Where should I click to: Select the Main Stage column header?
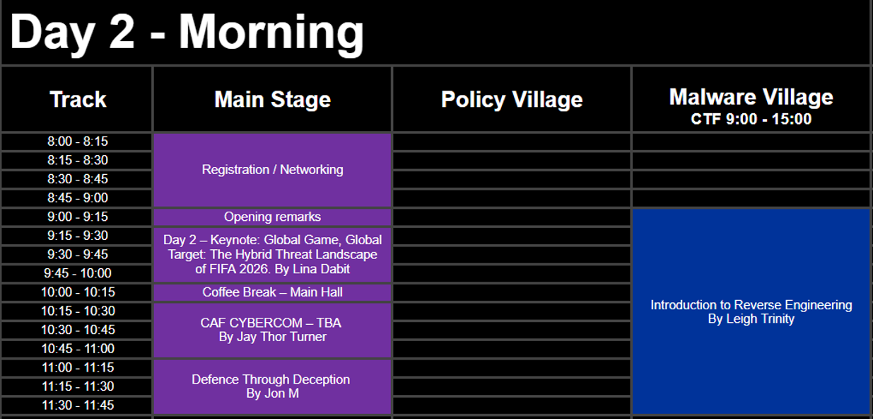pos(272,99)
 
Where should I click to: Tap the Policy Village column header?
pos(512,100)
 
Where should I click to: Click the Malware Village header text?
pos(751,97)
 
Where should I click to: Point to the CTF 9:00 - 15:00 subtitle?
pos(751,119)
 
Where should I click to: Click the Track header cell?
pos(78,99)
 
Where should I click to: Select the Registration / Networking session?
pos(272,170)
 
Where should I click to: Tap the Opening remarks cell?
pos(272,217)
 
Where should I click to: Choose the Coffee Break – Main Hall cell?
pos(272,292)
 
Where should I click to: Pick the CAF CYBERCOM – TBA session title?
pos(271,323)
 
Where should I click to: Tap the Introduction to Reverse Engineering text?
pos(751,304)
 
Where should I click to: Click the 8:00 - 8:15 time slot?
pos(78,142)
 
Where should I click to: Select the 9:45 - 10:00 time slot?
pos(78,273)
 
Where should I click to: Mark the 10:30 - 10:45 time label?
pos(78,330)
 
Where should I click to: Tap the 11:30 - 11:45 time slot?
pos(78,405)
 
